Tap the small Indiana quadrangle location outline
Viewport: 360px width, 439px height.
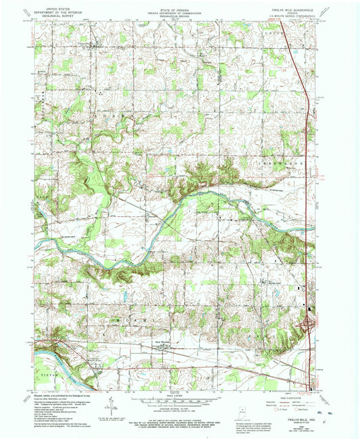coord(241,411)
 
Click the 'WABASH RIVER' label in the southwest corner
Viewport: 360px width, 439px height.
coord(57,359)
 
